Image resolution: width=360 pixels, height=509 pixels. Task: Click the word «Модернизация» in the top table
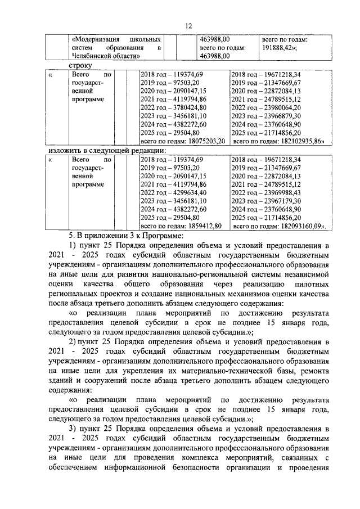pyautogui.click(x=95, y=40)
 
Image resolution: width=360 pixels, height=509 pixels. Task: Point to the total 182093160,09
pyautogui.click(x=300, y=225)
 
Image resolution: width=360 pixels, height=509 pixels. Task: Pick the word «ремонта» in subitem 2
pyautogui.click(x=311, y=371)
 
